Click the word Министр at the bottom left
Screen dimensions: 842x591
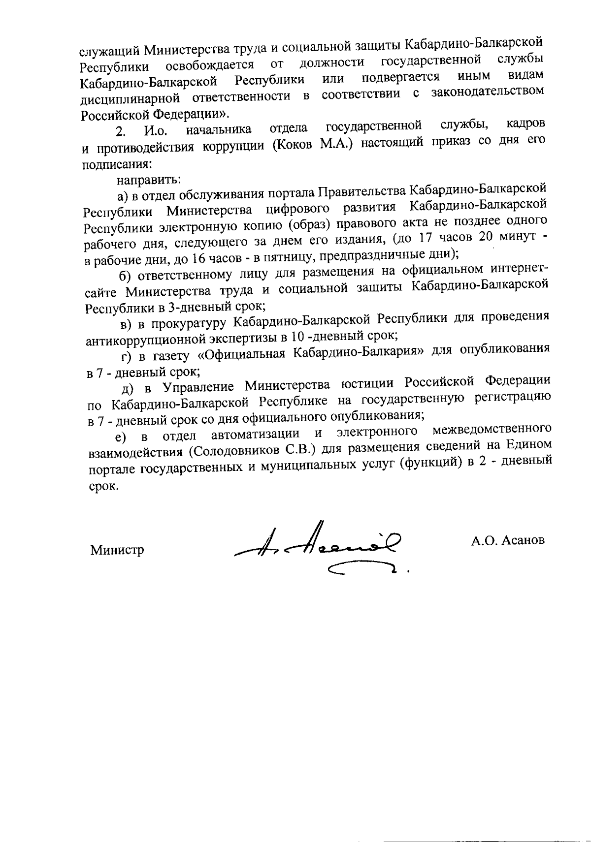(117, 550)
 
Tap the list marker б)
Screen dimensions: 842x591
(124, 275)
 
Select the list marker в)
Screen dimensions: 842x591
(126, 324)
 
